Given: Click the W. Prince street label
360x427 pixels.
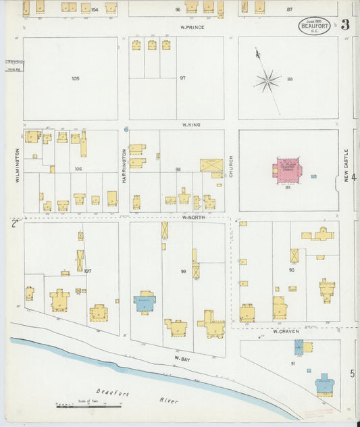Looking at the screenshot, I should pyautogui.click(x=192, y=27).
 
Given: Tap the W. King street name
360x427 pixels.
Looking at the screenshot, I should pyautogui.click(x=192, y=125).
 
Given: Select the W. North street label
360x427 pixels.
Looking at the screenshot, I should pyautogui.click(x=192, y=218).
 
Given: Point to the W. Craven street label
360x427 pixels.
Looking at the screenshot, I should pyautogui.click(x=286, y=332).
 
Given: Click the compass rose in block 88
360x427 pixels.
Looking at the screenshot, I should pyautogui.click(x=267, y=81).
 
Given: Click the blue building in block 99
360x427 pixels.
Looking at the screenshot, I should pyautogui.click(x=145, y=302).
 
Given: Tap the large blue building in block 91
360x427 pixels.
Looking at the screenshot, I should pyautogui.click(x=326, y=384).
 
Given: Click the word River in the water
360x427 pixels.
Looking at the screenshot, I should pyautogui.click(x=168, y=401).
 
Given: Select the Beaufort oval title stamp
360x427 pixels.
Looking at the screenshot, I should pyautogui.click(x=314, y=26).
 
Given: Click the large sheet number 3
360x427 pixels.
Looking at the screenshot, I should pyautogui.click(x=345, y=26).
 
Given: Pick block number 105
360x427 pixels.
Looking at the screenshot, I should pyautogui.click(x=75, y=78).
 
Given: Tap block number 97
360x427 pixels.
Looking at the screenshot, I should pyautogui.click(x=182, y=78).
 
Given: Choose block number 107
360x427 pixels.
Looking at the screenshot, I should pyautogui.click(x=87, y=271).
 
